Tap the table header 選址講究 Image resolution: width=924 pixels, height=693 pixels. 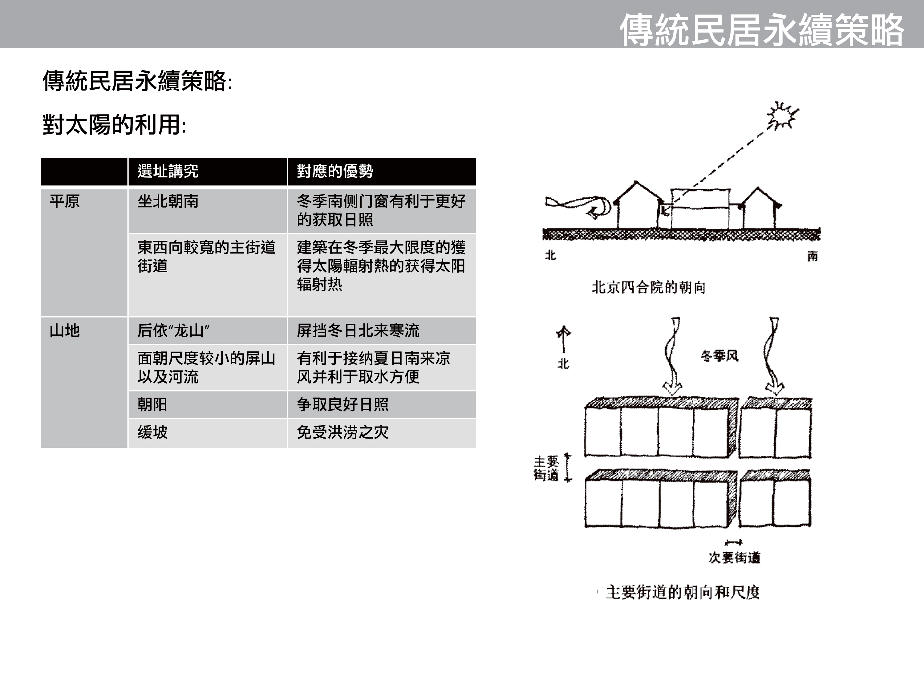(168, 171)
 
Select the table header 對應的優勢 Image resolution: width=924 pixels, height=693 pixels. (335, 171)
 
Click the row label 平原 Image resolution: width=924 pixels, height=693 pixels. (65, 201)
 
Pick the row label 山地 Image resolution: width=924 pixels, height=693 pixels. (65, 331)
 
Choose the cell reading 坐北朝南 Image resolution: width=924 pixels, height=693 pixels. (168, 201)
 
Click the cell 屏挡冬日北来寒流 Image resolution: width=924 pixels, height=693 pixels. (358, 331)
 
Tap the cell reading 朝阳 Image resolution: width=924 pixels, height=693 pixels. (152, 404)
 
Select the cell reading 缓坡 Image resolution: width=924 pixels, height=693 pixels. (152, 432)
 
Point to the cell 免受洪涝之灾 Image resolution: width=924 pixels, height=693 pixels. (342, 432)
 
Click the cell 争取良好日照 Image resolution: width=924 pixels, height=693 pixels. (342, 404)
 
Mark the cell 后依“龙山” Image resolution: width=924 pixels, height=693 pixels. (173, 331)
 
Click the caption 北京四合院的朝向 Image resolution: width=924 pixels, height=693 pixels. (648, 287)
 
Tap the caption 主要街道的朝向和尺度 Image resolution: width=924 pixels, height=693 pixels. (683, 592)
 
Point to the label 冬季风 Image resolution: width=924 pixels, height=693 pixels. (719, 356)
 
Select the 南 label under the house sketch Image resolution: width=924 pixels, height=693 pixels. (812, 256)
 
